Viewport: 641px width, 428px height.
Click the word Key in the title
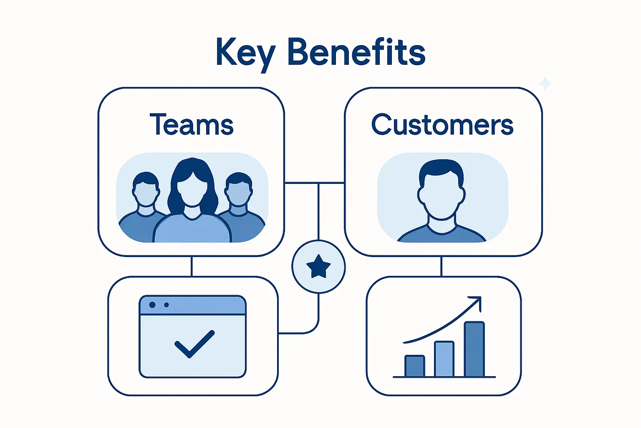(245, 53)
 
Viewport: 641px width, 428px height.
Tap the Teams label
(192, 125)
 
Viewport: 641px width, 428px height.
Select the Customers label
(442, 125)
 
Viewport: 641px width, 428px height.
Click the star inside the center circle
(318, 267)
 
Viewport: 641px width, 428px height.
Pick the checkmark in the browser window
(194, 344)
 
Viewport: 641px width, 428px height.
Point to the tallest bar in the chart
(474, 349)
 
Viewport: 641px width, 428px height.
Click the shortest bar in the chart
(414, 367)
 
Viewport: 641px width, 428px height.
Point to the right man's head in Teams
(238, 190)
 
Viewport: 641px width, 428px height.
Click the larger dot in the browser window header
(152, 305)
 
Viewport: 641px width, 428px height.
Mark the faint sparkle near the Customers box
(545, 84)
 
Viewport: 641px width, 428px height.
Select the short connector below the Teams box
(192, 266)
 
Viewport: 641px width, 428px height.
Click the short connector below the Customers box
(442, 266)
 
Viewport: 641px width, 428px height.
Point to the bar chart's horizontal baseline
(444, 377)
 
